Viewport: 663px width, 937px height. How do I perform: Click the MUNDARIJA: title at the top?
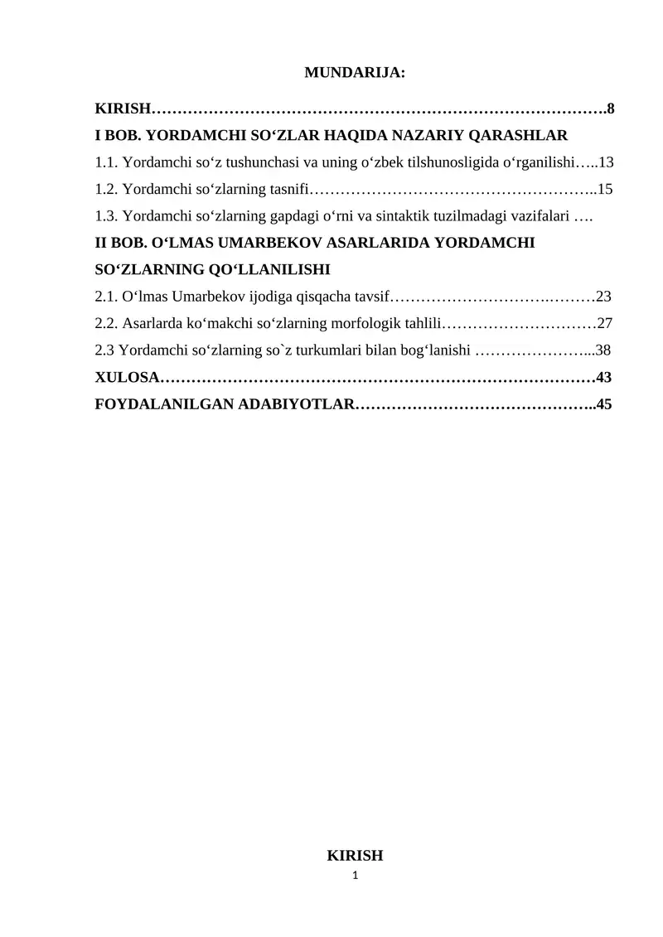(355, 73)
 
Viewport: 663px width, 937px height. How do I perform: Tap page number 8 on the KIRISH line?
(610, 109)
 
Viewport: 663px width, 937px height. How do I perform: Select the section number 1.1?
(106, 162)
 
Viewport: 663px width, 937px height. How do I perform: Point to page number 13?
(605, 162)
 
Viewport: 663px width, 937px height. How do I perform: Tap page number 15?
(605, 189)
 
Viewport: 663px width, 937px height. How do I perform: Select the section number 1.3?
(106, 216)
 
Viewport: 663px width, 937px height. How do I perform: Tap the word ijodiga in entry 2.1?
(260, 297)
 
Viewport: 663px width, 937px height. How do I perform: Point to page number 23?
(603, 297)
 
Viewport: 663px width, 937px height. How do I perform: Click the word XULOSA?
(127, 378)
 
